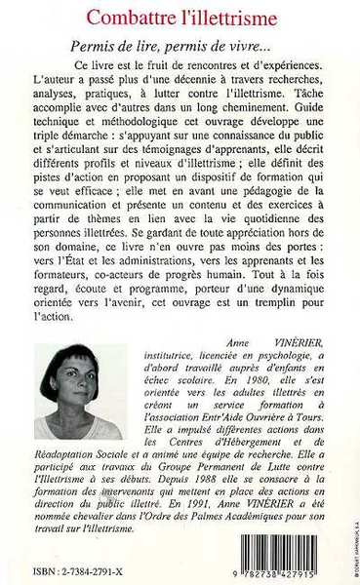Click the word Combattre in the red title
127,16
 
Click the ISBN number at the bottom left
83,570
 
